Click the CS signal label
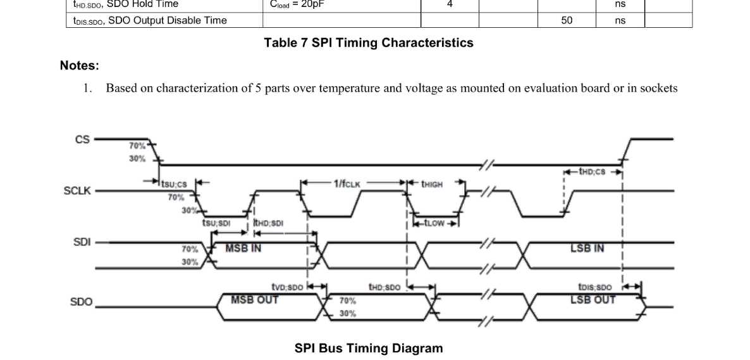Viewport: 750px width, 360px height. pyautogui.click(x=82, y=139)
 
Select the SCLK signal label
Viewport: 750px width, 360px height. pyautogui.click(x=77, y=190)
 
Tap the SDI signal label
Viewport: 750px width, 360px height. pyautogui.click(x=82, y=242)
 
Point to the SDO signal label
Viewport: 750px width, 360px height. pyautogui.click(x=81, y=302)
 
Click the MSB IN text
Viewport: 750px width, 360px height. pyautogui.click(x=243, y=249)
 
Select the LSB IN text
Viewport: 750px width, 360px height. pyautogui.click(x=587, y=249)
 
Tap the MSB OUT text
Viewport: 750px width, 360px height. pyautogui.click(x=254, y=300)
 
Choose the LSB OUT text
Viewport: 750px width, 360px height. pyautogui.click(x=593, y=300)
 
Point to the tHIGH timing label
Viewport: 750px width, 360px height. pyautogui.click(x=432, y=184)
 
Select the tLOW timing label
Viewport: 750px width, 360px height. pyautogui.click(x=434, y=223)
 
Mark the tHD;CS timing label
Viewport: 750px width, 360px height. pyautogui.click(x=592, y=171)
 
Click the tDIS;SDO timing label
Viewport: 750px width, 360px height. pyautogui.click(x=594, y=287)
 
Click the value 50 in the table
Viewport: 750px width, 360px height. pyautogui.click(x=567, y=20)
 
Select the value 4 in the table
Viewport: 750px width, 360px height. pyautogui.click(x=450, y=4)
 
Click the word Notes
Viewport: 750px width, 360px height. pyautogui.click(x=80, y=66)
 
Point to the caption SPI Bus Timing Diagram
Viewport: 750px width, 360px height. pyautogui.click(x=369, y=348)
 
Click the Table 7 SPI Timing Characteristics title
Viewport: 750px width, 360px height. pyautogui.click(x=369, y=43)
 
